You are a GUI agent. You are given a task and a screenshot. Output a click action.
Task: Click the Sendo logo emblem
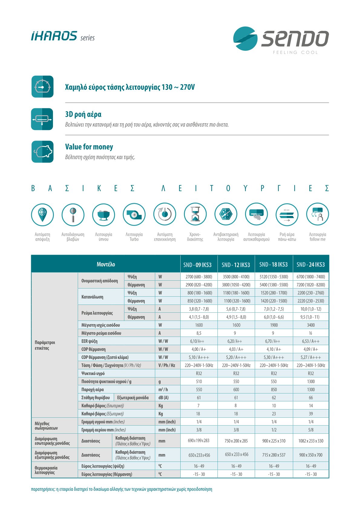click(245, 38)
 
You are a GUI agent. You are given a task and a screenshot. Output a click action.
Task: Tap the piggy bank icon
click(42, 152)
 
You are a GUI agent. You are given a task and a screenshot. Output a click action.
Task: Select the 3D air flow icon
click(42, 119)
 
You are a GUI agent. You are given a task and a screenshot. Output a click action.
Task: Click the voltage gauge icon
click(42, 87)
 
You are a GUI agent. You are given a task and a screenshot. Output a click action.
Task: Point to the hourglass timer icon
click(195, 214)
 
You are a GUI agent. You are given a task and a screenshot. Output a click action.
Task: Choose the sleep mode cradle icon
click(103, 214)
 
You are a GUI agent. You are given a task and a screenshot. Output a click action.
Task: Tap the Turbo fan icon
click(134, 214)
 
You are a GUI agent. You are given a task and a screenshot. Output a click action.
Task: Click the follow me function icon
click(317, 214)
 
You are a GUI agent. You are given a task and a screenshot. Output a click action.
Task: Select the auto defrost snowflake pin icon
click(42, 214)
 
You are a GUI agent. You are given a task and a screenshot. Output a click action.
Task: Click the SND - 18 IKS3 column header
click(273, 265)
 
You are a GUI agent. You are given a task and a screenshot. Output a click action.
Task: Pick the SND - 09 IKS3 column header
click(197, 265)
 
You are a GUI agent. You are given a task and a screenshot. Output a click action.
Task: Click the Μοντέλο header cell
click(106, 264)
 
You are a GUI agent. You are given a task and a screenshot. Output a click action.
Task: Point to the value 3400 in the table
click(311, 325)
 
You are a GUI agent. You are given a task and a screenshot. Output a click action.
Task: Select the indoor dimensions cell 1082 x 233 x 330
click(311, 441)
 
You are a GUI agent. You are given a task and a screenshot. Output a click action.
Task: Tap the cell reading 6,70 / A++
click(273, 341)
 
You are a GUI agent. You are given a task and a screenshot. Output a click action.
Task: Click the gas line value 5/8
click(311, 430)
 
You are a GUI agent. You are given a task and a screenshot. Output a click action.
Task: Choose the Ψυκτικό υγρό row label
click(93, 374)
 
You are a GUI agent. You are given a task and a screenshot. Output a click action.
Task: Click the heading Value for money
click(89, 147)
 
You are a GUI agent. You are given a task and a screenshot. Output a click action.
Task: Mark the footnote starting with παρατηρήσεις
click(121, 489)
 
